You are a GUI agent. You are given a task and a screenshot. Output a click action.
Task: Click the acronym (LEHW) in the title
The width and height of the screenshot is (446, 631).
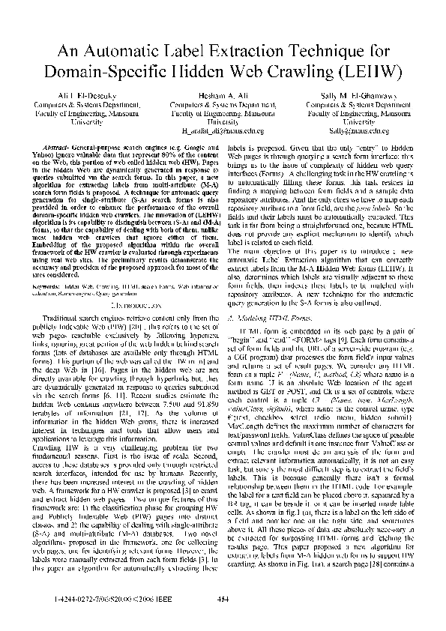[372, 73]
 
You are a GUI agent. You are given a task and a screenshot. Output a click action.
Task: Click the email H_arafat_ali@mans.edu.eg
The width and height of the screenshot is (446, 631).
[223, 129]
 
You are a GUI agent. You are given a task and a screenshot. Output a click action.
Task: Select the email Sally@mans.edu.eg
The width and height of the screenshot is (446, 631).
[362, 129]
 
